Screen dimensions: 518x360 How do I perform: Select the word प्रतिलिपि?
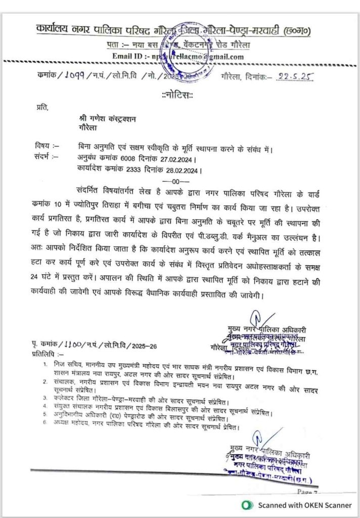46,355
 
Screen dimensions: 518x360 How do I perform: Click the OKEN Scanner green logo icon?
247,505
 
